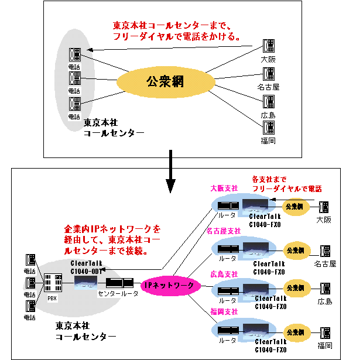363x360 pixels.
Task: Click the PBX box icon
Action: point(53,285)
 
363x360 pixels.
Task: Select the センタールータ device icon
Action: point(119,283)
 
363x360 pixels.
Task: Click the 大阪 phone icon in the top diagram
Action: point(268,46)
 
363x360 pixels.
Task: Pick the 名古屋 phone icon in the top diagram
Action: point(268,74)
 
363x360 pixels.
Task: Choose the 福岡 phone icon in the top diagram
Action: point(268,126)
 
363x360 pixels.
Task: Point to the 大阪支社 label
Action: point(224,188)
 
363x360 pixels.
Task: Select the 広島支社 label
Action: point(224,273)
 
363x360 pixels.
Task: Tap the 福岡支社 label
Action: point(224,313)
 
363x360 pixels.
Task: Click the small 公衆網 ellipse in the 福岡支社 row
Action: point(295,332)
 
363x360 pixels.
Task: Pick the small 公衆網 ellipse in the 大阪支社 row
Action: point(294,206)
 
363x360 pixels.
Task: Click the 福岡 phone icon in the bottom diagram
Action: point(323,332)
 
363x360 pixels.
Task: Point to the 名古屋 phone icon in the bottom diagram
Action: point(323,251)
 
